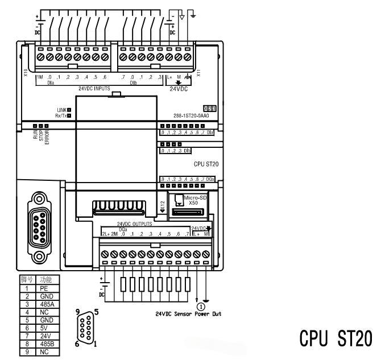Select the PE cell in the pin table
48,289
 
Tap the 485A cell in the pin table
48,304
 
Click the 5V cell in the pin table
48,328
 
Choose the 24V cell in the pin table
48,336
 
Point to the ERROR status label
48,136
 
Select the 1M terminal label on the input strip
40,77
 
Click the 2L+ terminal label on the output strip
105,234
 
